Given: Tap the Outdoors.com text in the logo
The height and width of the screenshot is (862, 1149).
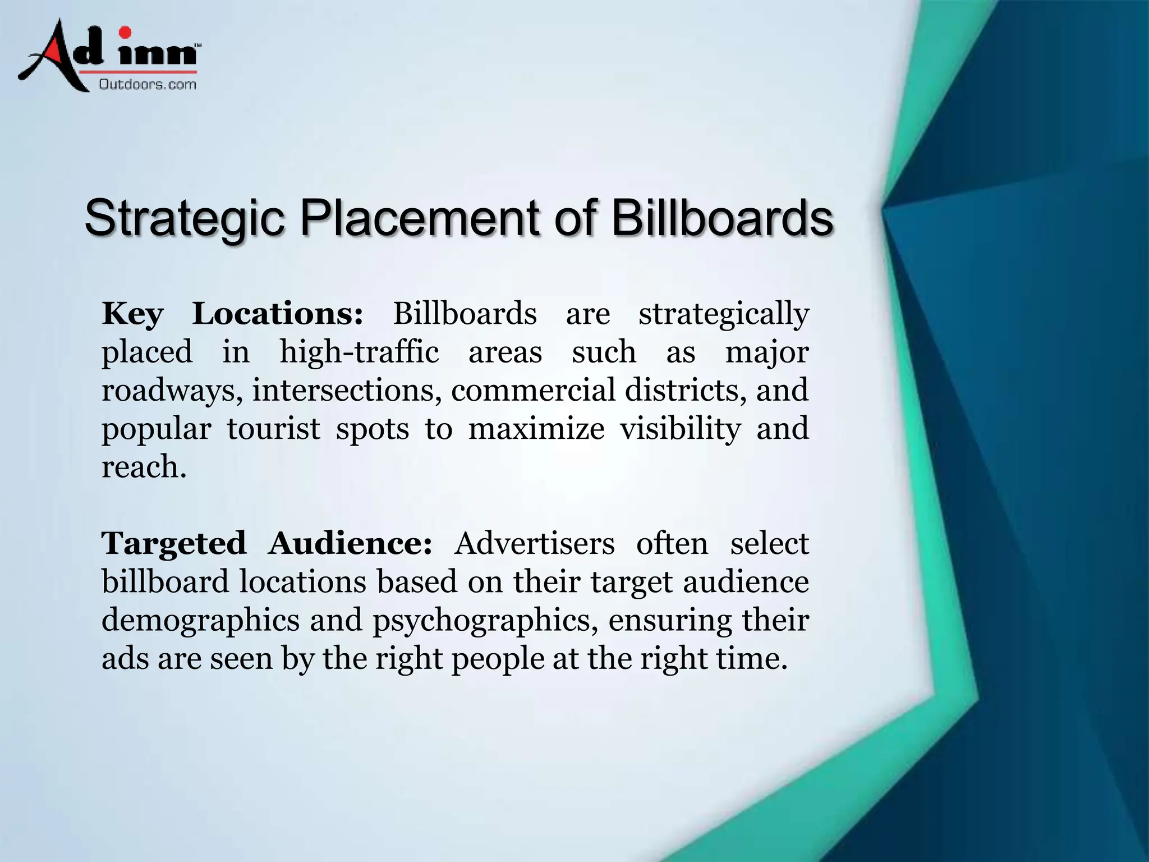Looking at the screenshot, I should [x=148, y=85].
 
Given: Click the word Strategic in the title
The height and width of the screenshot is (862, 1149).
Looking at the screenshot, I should [x=185, y=218].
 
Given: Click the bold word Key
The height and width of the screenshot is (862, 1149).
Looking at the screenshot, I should [x=132, y=314].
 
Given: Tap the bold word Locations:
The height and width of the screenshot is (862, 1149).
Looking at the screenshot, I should [x=278, y=313].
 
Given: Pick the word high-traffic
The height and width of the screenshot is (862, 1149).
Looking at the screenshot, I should [x=359, y=352].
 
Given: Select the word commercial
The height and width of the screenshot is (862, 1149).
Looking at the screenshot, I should [x=533, y=391].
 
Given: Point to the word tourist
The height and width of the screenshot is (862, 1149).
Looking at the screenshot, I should [x=273, y=429].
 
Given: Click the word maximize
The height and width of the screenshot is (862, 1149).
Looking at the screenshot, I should [x=536, y=429].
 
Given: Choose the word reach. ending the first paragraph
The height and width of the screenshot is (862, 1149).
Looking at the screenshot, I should [x=144, y=467].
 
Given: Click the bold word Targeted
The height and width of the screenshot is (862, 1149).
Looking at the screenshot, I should [x=174, y=544].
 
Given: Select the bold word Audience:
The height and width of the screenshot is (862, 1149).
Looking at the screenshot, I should [x=350, y=544].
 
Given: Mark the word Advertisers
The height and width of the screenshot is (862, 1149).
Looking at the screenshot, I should [x=534, y=544].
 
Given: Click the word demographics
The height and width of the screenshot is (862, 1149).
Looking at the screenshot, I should [x=200, y=621].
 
